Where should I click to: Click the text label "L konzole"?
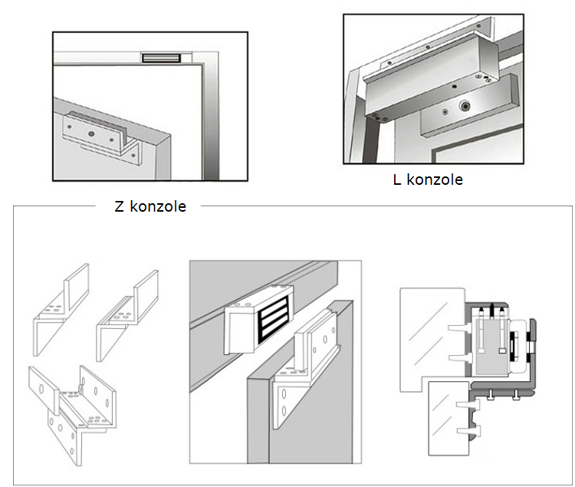click(x=426, y=180)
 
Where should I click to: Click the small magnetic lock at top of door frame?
click(x=161, y=58)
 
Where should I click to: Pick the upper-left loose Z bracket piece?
click(x=58, y=303)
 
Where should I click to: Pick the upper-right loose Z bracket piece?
click(x=127, y=307)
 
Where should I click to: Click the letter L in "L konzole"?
click(x=396, y=180)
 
